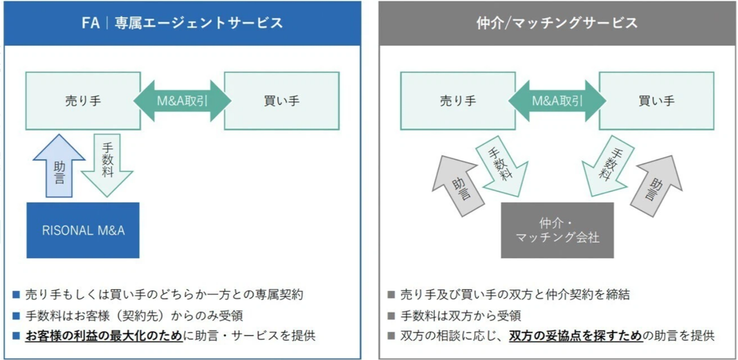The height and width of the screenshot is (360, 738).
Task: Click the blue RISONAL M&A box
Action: [83, 230]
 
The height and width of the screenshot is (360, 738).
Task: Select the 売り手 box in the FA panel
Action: [83, 101]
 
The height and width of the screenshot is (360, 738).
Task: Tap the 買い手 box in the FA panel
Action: [281, 101]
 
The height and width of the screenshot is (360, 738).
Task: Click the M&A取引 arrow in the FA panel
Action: [182, 101]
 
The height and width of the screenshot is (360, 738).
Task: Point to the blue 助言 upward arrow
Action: [59, 166]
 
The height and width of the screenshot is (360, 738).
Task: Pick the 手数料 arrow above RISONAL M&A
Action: [107, 164]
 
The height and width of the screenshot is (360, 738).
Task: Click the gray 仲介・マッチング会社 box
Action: [557, 230]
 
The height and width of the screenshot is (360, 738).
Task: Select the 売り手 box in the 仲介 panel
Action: [458, 101]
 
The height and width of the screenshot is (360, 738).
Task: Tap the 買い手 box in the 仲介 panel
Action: [656, 101]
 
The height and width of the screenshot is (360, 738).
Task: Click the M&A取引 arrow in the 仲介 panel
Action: [557, 101]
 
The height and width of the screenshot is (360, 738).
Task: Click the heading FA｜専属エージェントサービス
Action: [182, 23]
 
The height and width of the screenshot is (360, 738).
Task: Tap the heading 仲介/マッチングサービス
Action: [557, 23]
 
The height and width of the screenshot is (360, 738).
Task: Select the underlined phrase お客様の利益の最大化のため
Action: [104, 336]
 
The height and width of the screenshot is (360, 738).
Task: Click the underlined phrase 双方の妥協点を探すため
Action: [576, 336]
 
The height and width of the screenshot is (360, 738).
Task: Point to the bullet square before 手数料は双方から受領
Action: [392, 316]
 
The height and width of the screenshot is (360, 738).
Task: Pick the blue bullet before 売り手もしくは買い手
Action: [16, 295]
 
